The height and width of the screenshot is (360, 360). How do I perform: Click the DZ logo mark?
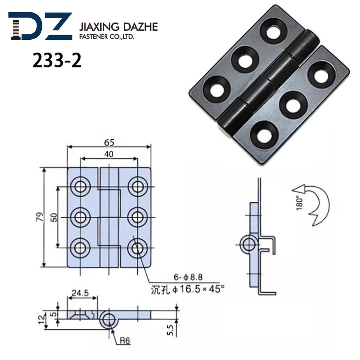point(40,26)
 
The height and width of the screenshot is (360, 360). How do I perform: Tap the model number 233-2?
point(57,60)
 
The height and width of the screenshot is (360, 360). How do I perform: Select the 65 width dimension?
point(109,142)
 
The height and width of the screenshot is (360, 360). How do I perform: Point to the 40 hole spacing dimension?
point(109,154)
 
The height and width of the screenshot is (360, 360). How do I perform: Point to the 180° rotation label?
point(299,202)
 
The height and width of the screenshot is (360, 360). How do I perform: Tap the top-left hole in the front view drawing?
point(81,186)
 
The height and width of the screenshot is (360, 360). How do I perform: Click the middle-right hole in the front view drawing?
point(137,217)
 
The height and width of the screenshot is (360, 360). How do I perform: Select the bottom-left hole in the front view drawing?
point(81,248)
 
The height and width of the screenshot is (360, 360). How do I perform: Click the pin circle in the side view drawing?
point(248,244)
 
